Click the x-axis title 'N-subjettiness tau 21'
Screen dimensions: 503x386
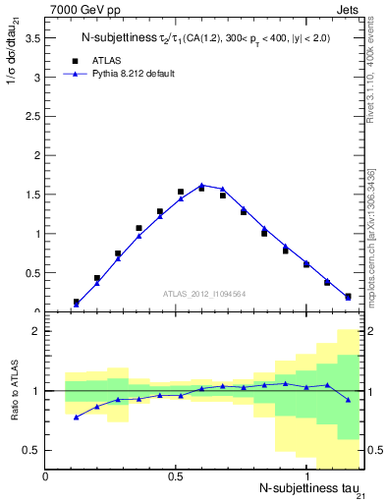(310, 489)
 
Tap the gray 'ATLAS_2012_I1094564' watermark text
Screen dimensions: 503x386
(204, 293)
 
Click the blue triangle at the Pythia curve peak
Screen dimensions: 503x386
(201, 185)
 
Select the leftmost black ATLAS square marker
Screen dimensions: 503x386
(76, 302)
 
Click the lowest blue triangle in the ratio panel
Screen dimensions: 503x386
(76, 418)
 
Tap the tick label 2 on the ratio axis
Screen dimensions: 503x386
(34, 331)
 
